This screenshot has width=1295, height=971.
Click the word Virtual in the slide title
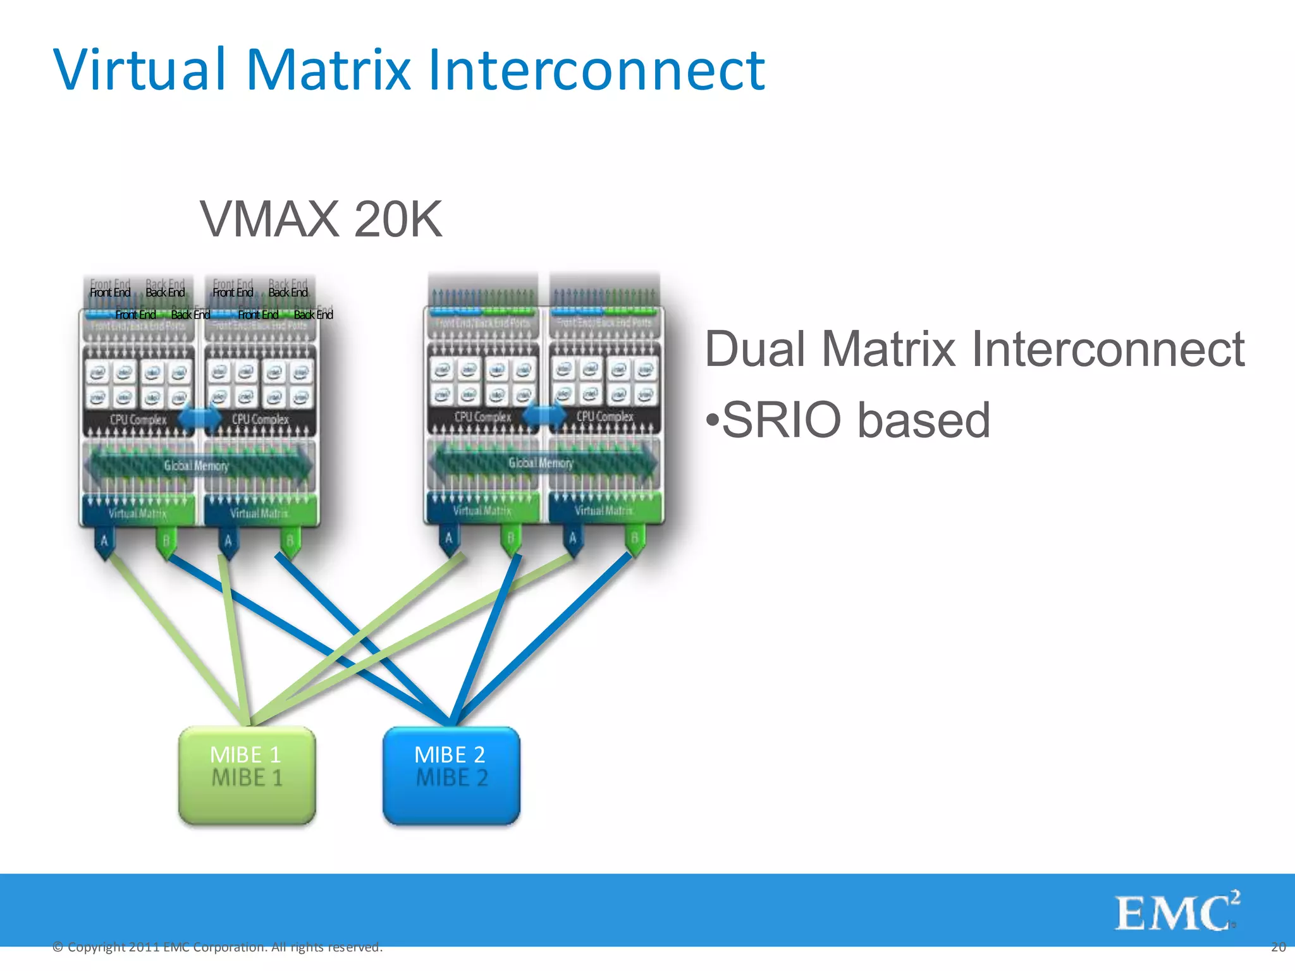point(140,70)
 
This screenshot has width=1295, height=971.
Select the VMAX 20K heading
point(321,219)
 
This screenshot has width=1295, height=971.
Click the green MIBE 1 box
point(247,775)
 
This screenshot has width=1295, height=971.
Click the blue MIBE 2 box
point(451,775)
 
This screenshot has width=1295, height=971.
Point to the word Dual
point(755,348)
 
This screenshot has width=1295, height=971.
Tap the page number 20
point(1278,947)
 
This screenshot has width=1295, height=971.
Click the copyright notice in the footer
point(218,947)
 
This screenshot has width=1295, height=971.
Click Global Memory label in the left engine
point(196,466)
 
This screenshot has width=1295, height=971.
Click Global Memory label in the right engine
point(541,463)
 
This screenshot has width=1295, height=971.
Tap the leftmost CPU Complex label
point(138,420)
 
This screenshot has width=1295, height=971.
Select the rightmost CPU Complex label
point(605,417)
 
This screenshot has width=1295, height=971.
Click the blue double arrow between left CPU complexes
point(200,418)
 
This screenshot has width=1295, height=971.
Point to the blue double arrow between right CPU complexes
point(544,415)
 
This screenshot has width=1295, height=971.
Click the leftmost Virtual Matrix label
point(137,513)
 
